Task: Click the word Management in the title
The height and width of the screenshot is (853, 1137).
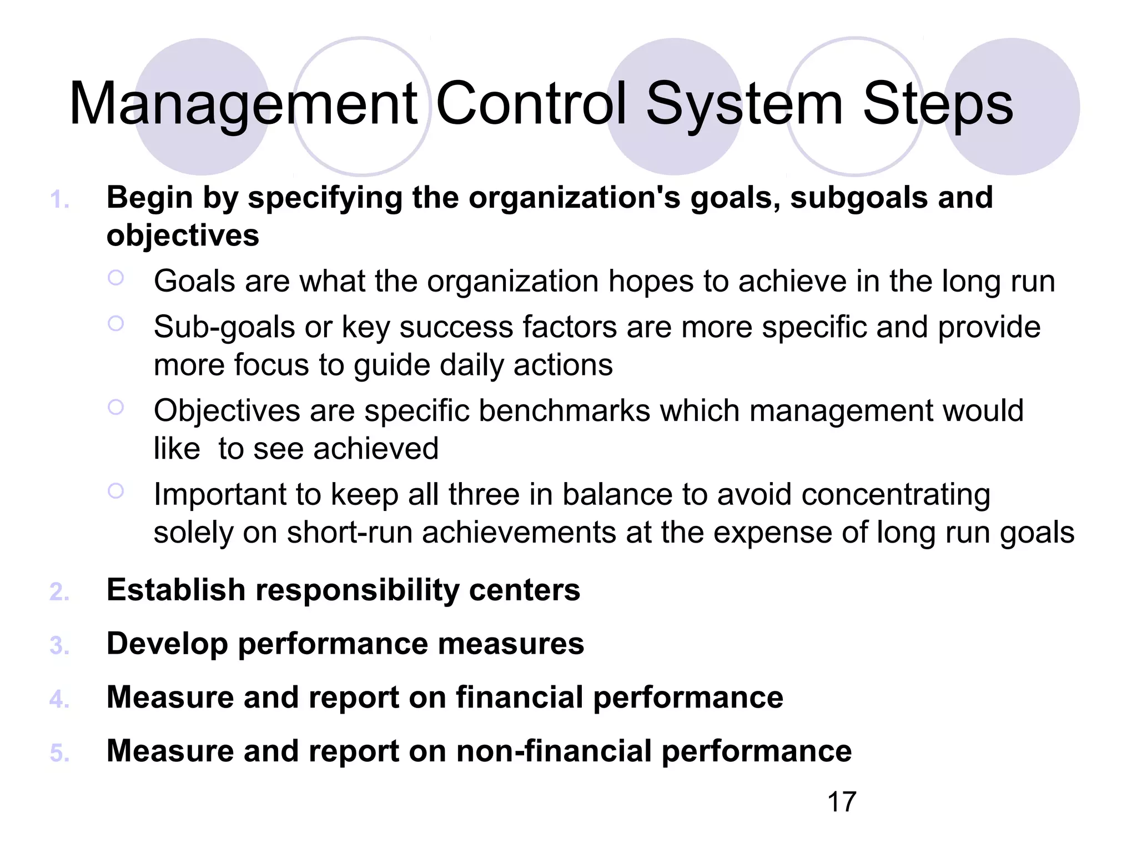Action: (243, 104)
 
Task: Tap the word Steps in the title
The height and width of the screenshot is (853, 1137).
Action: (938, 104)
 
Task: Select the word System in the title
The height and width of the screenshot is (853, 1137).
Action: (744, 104)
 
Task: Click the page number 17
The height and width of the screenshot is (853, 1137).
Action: (842, 802)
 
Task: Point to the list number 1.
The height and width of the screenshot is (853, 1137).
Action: (59, 200)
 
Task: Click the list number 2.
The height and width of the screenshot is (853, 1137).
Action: (59, 592)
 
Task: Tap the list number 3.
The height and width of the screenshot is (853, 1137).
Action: (59, 646)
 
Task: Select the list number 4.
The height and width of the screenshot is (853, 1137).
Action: (59, 700)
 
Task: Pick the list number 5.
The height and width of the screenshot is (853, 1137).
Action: (59, 754)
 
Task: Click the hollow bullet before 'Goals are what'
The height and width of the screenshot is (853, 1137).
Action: (116, 278)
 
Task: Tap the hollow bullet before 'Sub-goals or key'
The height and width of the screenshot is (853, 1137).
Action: (116, 323)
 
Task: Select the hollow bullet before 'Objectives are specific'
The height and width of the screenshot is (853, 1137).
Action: (116, 407)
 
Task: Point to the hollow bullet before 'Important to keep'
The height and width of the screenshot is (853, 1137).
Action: (116, 490)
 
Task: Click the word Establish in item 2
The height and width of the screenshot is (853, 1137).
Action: (176, 590)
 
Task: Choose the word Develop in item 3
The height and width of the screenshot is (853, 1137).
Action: (167, 644)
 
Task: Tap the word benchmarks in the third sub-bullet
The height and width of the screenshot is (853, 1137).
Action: (564, 411)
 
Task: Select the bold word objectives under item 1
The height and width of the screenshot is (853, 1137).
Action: (183, 236)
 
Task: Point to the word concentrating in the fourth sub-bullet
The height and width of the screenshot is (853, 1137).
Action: (895, 495)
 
